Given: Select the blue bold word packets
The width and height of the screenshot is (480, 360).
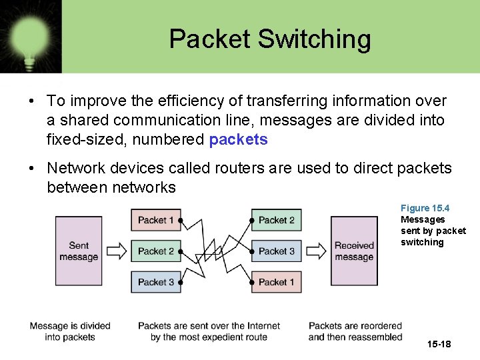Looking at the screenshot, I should click(238, 140).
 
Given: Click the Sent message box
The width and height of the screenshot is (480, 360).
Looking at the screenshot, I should click(78, 251).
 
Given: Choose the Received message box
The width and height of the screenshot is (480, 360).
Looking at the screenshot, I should click(354, 251).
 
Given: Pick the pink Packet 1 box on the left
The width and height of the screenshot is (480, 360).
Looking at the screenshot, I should click(155, 220).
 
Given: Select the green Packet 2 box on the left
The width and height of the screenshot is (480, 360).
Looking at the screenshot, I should click(155, 251).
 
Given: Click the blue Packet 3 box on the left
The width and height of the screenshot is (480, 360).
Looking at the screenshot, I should click(155, 282).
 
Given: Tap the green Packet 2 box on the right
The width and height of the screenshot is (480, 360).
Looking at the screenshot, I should click(276, 220).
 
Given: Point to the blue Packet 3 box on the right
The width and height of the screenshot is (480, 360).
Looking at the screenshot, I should click(276, 251).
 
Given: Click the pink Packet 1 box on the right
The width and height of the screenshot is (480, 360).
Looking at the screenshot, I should click(276, 282).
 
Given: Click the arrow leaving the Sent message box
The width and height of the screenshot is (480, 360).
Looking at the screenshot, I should click(116, 251).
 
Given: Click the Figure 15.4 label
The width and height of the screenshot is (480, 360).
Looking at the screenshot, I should click(425, 209).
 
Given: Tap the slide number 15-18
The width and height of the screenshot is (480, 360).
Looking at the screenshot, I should click(439, 344).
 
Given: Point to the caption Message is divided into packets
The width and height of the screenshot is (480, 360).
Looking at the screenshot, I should click(69, 331).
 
